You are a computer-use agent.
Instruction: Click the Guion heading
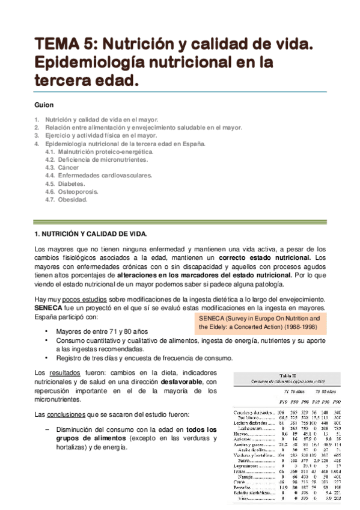click(44, 105)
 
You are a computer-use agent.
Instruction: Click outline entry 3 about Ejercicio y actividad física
click(96, 135)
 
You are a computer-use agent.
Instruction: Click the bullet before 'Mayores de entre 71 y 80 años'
click(47, 331)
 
